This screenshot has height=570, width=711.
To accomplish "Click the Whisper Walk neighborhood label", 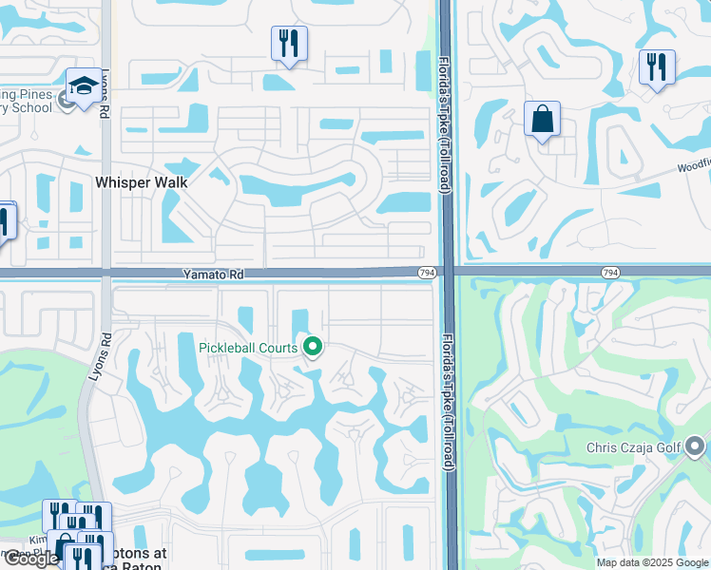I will point(141,181).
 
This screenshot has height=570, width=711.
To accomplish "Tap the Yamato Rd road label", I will point(214,274).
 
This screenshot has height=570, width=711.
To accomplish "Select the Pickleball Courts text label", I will point(248,348).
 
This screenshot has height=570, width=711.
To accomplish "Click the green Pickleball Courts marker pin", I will point(312,348).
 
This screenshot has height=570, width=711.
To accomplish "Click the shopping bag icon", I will point(542,120).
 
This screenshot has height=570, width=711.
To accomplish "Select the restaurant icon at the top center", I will point(289,44).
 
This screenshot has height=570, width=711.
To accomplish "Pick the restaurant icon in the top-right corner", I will point(657,67).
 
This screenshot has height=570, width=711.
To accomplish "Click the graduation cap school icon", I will point(83,86).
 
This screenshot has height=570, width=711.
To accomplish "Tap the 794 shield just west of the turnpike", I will point(427,274).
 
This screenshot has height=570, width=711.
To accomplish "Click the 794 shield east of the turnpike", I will point(610,273).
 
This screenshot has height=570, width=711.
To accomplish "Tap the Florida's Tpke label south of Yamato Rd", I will point(447,399).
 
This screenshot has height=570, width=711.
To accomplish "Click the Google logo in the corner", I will point(31,559).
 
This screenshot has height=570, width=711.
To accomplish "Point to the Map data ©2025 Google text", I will point(652,562).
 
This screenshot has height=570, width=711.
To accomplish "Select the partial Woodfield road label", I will point(693,165).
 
